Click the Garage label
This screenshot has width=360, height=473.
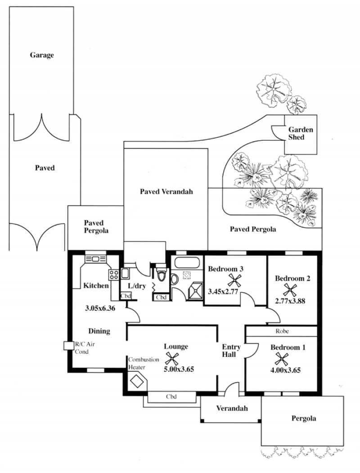click(x=42, y=55)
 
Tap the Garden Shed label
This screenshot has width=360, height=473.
click(x=301, y=134)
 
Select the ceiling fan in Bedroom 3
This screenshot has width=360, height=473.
click(x=234, y=280)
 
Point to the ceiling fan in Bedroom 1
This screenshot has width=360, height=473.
click(x=282, y=359)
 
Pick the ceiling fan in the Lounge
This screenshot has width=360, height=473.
click(x=172, y=359)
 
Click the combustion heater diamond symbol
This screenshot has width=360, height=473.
click(x=136, y=381)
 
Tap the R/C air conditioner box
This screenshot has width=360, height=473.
click(x=69, y=346)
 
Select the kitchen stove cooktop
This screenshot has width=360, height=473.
click(x=114, y=275)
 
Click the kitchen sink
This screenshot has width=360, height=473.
click(x=95, y=259)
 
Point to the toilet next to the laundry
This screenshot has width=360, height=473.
click(x=162, y=274)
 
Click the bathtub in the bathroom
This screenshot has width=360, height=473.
click(x=187, y=262)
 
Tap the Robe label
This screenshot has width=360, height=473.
click(x=282, y=331)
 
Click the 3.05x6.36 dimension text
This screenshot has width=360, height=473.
click(x=100, y=308)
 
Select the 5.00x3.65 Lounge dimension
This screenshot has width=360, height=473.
click(x=179, y=369)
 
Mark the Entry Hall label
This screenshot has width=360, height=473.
click(x=231, y=351)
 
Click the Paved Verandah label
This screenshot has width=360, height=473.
click(x=166, y=192)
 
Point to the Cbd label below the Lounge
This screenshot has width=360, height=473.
click(x=171, y=397)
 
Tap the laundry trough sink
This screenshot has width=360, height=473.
click(x=125, y=273)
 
